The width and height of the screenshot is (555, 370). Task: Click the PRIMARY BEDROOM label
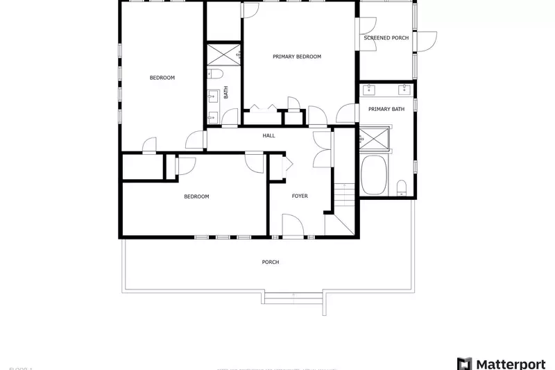pyautogui.click(x=297, y=57)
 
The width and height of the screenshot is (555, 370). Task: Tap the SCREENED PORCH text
pyautogui.click(x=386, y=38)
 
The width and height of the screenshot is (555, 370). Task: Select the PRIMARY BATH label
pyautogui.click(x=386, y=109)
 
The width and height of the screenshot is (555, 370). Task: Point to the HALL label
pyautogui.click(x=268, y=135)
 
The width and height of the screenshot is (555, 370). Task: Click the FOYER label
pyautogui.click(x=300, y=196)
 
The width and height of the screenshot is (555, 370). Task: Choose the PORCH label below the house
pyautogui.click(x=271, y=262)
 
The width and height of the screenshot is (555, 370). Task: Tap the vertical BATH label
pyautogui.click(x=225, y=91)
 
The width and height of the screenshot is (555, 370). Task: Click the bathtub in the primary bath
pyautogui.click(x=375, y=175)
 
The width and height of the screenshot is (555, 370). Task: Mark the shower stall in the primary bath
pyautogui.click(x=375, y=138)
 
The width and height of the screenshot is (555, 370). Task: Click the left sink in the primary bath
pyautogui.click(x=370, y=89)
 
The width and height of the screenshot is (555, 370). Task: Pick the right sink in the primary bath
pyautogui.click(x=403, y=89)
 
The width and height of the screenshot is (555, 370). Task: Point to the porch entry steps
pyautogui.click(x=294, y=299)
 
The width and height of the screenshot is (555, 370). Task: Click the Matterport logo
pyautogui.click(x=503, y=363)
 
